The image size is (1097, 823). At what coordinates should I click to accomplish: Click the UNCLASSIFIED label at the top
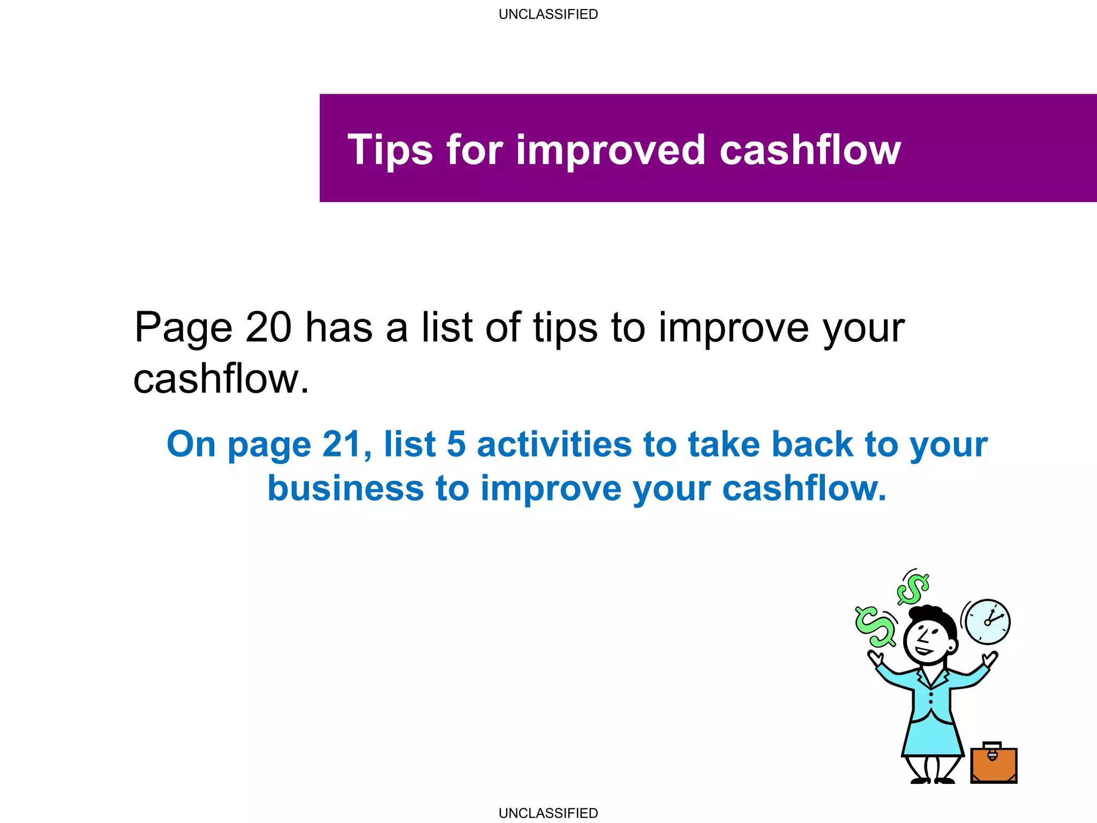pyautogui.click(x=548, y=14)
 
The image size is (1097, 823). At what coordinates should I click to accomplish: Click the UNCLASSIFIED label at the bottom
pyautogui.click(x=548, y=813)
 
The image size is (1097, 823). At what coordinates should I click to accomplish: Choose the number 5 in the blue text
pyautogui.click(x=456, y=445)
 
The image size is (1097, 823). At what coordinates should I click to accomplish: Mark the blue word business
pyautogui.click(x=345, y=489)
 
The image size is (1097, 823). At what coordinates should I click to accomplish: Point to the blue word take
pyautogui.click(x=724, y=445)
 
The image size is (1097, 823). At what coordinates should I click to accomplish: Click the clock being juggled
pyautogui.click(x=987, y=622)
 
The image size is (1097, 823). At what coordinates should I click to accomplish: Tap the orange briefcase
pyautogui.click(x=994, y=765)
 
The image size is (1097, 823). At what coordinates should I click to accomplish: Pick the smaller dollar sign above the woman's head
pyautogui.click(x=913, y=588)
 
